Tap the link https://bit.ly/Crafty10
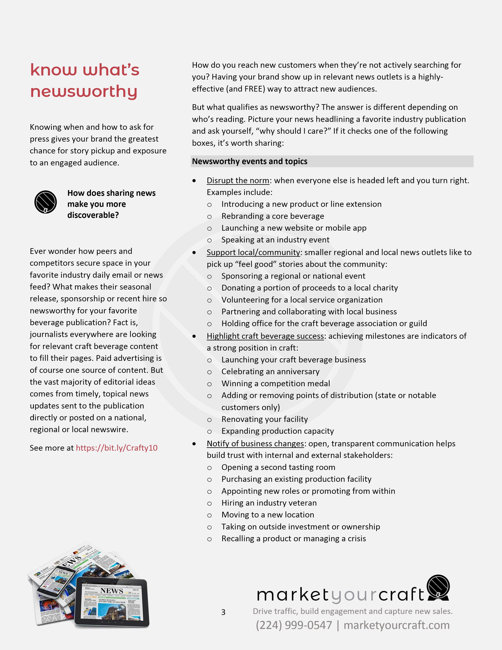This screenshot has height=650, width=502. (x=117, y=448)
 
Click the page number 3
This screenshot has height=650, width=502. (x=223, y=612)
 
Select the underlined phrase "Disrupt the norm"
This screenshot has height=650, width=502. (x=238, y=181)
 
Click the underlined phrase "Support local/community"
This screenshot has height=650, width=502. (x=253, y=252)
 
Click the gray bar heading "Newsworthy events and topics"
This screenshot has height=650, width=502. (x=249, y=161)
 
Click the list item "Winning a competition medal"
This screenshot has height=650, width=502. (x=276, y=384)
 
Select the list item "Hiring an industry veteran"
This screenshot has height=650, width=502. (x=269, y=503)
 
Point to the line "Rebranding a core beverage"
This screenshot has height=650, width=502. (x=273, y=216)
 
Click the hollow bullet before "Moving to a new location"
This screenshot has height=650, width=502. (x=209, y=515)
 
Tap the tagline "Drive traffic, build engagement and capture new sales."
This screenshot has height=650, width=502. (x=352, y=611)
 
